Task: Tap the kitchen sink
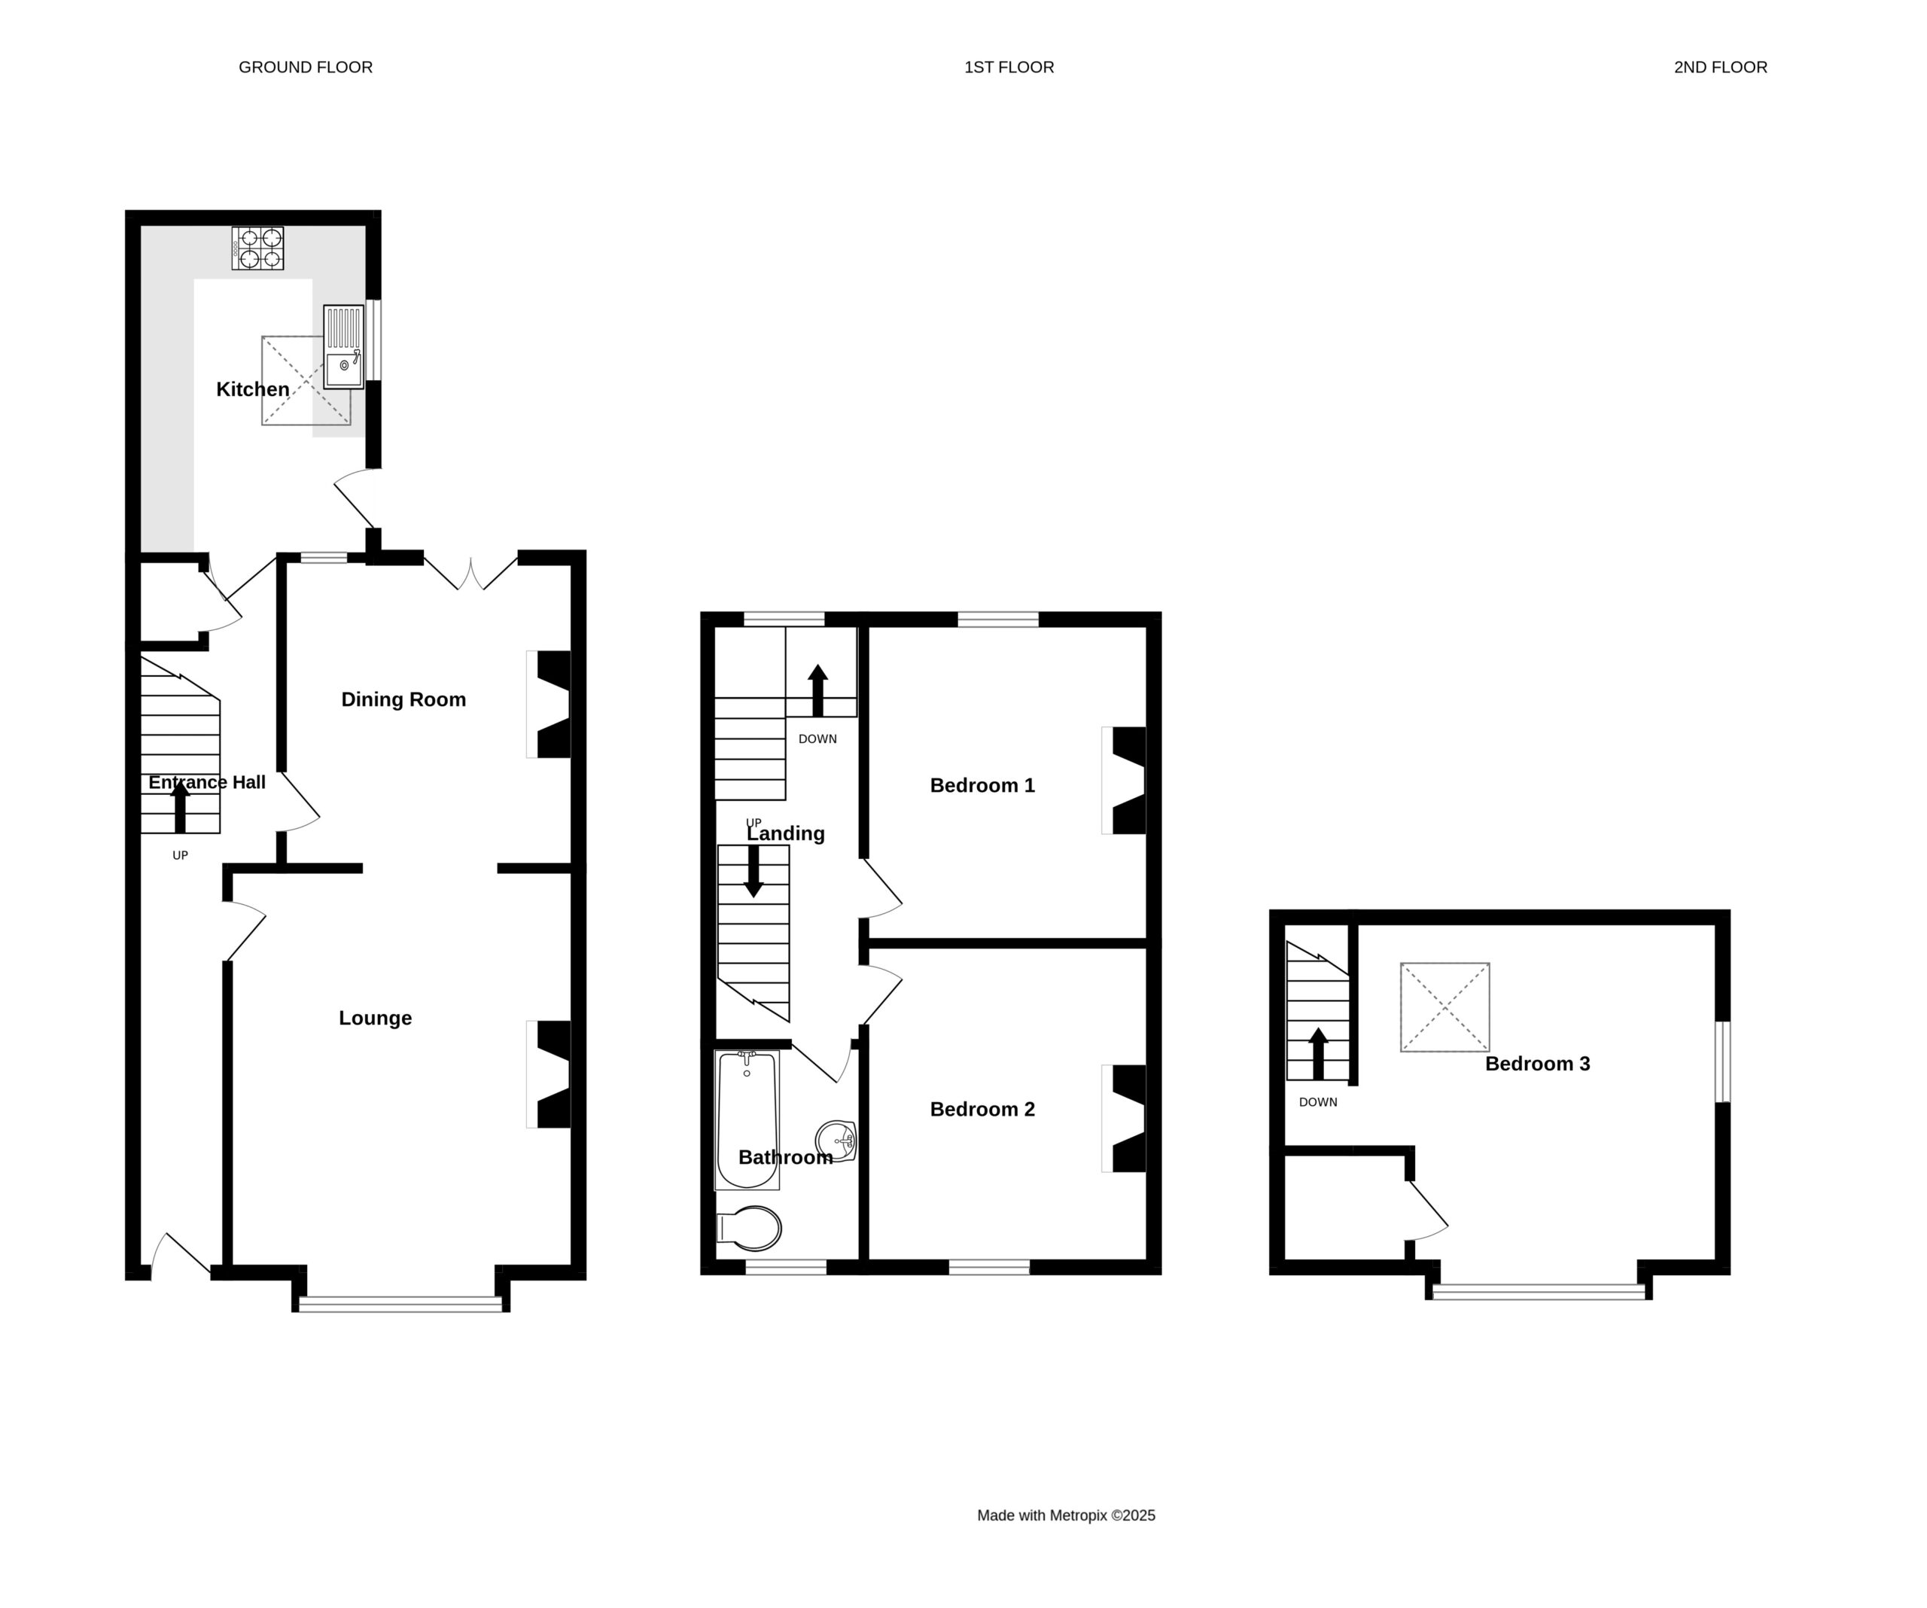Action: click(x=343, y=347)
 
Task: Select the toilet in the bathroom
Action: click(x=749, y=1228)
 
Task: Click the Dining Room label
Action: click(x=403, y=699)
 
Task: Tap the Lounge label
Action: click(x=376, y=1018)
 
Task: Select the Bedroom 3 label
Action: click(x=1538, y=1064)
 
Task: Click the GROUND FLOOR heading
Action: click(x=306, y=67)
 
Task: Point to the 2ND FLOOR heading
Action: click(x=1721, y=67)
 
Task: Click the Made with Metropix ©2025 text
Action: click(x=1067, y=1515)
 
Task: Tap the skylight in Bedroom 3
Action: click(x=1444, y=1007)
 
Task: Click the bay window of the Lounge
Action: click(x=401, y=1303)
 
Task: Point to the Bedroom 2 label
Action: click(x=983, y=1109)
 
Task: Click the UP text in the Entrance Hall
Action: click(x=180, y=855)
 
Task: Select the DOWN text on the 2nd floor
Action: click(x=1318, y=1102)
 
